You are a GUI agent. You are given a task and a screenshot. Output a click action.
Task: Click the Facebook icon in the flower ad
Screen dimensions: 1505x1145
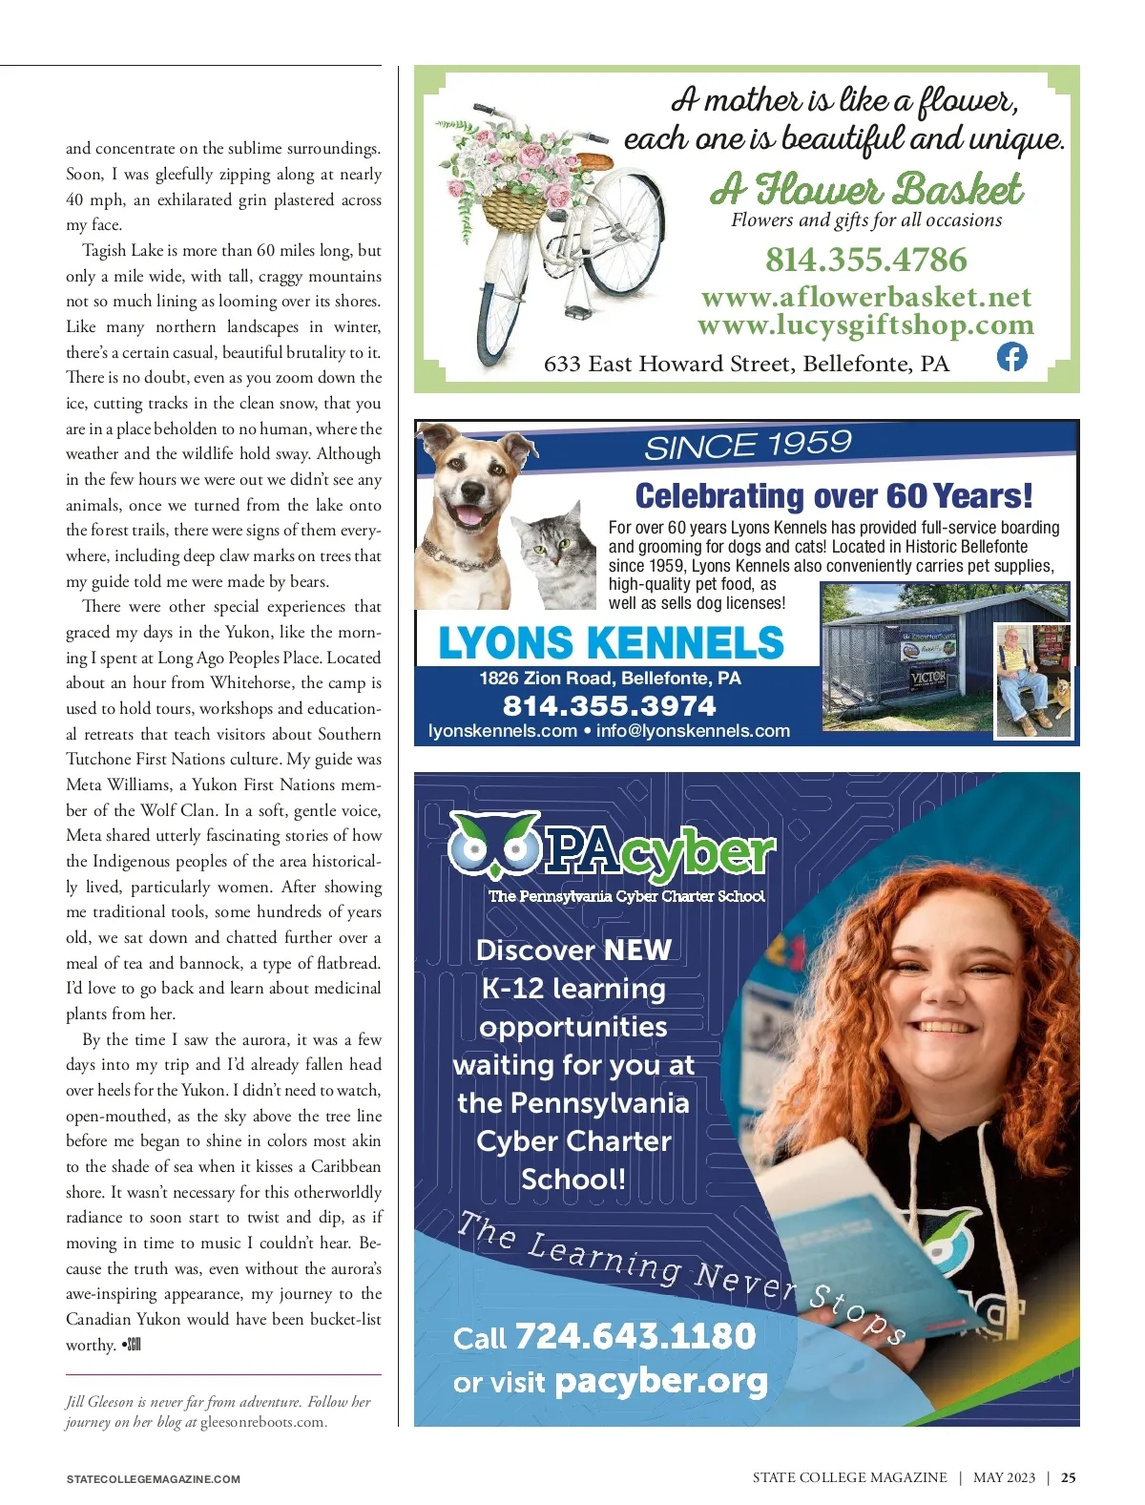[x=1011, y=357]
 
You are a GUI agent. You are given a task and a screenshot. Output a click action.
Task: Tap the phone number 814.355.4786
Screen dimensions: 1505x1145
[x=865, y=260]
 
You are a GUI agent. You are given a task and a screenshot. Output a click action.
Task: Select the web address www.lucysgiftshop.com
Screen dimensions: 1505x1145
[x=865, y=325]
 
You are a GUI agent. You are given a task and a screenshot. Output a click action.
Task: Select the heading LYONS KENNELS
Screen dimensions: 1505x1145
[x=611, y=643]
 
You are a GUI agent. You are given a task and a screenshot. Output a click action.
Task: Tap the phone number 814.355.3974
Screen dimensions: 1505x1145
[x=609, y=706]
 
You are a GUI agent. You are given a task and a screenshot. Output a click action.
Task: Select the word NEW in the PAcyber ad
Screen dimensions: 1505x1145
[x=637, y=951]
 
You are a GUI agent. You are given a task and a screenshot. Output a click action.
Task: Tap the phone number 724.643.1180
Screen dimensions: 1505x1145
[x=635, y=1336]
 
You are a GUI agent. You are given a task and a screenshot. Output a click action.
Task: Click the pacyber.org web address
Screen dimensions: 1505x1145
[x=660, y=1381]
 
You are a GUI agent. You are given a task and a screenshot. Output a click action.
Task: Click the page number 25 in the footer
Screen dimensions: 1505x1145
[x=1069, y=1477]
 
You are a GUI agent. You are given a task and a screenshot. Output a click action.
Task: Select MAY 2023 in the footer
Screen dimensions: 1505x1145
[x=1004, y=1477]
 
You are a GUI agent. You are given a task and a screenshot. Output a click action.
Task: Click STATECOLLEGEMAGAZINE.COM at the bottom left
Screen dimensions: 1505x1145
[x=153, y=1479]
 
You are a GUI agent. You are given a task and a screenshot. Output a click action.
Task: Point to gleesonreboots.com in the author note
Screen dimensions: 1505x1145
[x=262, y=1422]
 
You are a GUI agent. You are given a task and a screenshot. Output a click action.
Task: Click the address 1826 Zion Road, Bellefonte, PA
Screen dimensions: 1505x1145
[x=610, y=679]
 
